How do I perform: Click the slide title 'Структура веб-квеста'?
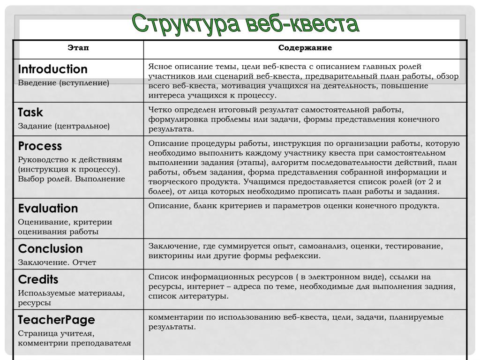[x=245, y=24]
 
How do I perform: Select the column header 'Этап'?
[x=78, y=48]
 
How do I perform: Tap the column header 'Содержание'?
[x=305, y=48]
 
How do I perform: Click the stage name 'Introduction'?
[x=52, y=69]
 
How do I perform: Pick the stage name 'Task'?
[x=30, y=112]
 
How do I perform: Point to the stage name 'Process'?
[x=40, y=146]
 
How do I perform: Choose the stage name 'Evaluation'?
[x=48, y=209]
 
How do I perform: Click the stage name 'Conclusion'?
[x=50, y=249]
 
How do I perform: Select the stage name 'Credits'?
[x=38, y=280]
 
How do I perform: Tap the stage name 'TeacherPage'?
[x=56, y=320]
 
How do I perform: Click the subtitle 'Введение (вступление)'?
[x=63, y=83]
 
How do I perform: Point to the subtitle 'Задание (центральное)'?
[x=64, y=126]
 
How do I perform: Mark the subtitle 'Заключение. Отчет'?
[x=57, y=262]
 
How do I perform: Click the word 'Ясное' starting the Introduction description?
[x=160, y=67]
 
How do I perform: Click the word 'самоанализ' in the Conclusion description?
[x=323, y=246]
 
